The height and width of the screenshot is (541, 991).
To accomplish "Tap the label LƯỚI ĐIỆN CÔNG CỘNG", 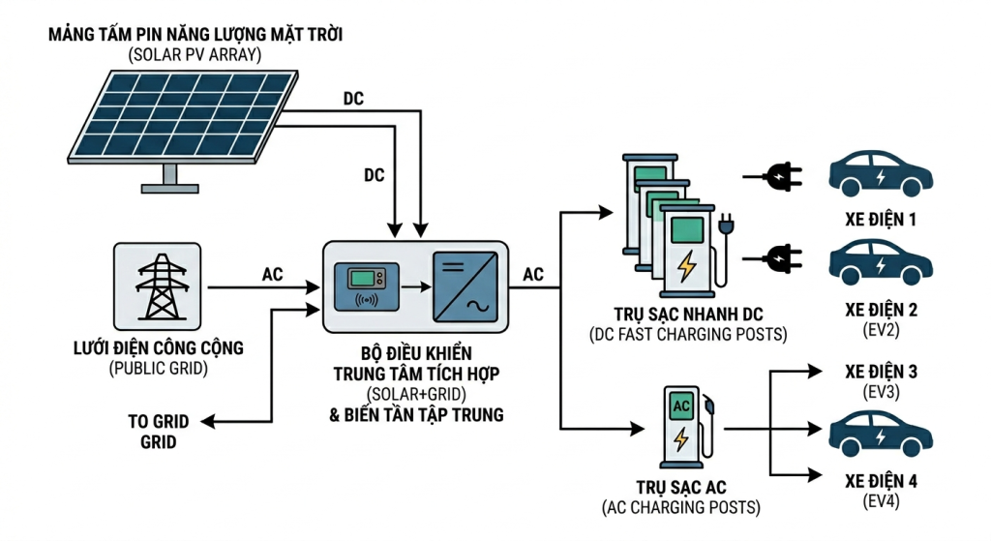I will click(x=158, y=348).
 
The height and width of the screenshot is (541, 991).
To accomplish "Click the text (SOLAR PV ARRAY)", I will click(x=195, y=55).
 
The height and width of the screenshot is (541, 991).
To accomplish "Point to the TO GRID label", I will click(x=158, y=423).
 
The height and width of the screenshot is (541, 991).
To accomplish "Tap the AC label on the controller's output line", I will click(x=533, y=275).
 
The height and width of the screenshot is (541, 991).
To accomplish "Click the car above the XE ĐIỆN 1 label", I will click(x=881, y=172).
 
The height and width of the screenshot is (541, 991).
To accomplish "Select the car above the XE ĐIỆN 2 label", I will click(x=881, y=259).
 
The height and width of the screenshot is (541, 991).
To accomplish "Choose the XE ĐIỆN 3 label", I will click(x=881, y=373).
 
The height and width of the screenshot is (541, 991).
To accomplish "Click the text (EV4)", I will click(x=881, y=499).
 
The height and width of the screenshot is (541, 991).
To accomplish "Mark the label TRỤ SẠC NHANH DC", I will click(x=687, y=316).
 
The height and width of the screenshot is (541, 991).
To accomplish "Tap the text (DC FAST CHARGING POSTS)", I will click(x=687, y=335).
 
